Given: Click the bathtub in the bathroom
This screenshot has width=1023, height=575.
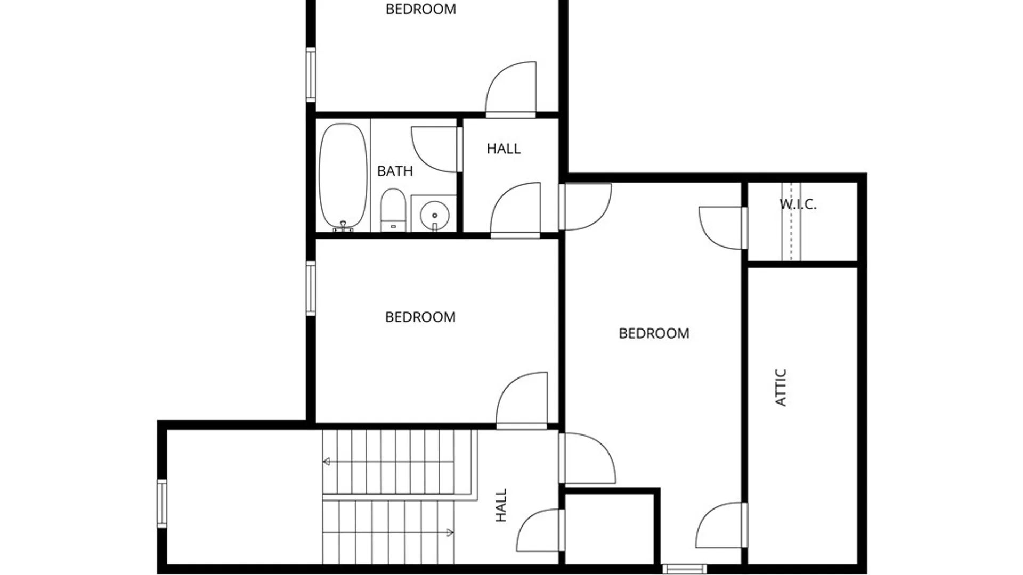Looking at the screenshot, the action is (x=343, y=177).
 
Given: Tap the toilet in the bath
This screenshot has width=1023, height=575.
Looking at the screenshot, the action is (x=393, y=210).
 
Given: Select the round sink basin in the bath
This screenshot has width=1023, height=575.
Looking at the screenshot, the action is (x=434, y=215).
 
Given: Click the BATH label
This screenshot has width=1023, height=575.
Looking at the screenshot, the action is (x=395, y=171).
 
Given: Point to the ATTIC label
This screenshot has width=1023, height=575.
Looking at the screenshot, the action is (x=781, y=388).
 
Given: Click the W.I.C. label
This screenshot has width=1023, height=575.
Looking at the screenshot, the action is (x=798, y=204).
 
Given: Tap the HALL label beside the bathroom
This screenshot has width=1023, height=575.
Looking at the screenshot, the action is (x=504, y=149).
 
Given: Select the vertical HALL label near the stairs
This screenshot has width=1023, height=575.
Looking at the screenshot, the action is (x=501, y=505).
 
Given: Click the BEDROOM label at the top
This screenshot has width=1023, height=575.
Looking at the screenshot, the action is (x=421, y=9).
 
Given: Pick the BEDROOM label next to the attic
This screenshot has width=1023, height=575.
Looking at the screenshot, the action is (x=654, y=333).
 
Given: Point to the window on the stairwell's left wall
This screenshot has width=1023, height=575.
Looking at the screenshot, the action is (x=162, y=503).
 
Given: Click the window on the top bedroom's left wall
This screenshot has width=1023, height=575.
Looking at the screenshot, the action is (x=311, y=74).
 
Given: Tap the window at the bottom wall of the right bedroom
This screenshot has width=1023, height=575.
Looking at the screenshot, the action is (x=685, y=569).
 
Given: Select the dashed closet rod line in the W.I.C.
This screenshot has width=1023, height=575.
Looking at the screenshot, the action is (x=791, y=221).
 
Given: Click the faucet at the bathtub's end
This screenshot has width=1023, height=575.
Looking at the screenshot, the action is (x=343, y=226).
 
